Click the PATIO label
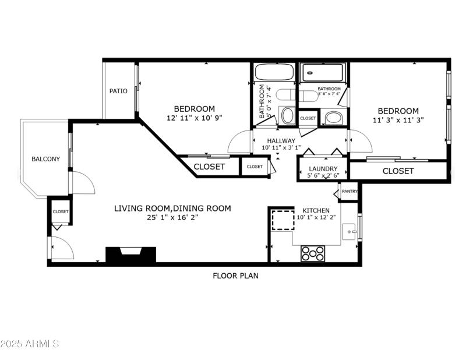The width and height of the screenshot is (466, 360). pos(118,91)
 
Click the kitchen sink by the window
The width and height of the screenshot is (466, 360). pos(349,231)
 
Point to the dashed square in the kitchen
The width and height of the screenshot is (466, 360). pos(283,220)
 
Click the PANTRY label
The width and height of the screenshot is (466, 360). pos(349,191)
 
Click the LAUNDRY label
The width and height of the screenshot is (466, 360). pos(323,169)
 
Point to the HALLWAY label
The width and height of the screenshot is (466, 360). pos(281,140)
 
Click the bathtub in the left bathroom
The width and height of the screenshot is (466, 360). pos(274,73)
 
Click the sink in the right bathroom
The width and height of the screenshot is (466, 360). pos(334,118)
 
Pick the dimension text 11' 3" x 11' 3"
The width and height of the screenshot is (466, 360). pos(398,121)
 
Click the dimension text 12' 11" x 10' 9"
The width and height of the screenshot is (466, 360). pos(195,118)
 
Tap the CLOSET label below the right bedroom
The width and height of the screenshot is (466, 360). pos(398,171)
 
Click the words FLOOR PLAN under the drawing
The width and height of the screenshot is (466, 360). pos(235,276)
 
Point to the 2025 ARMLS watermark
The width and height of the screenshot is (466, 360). pos(31,344)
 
